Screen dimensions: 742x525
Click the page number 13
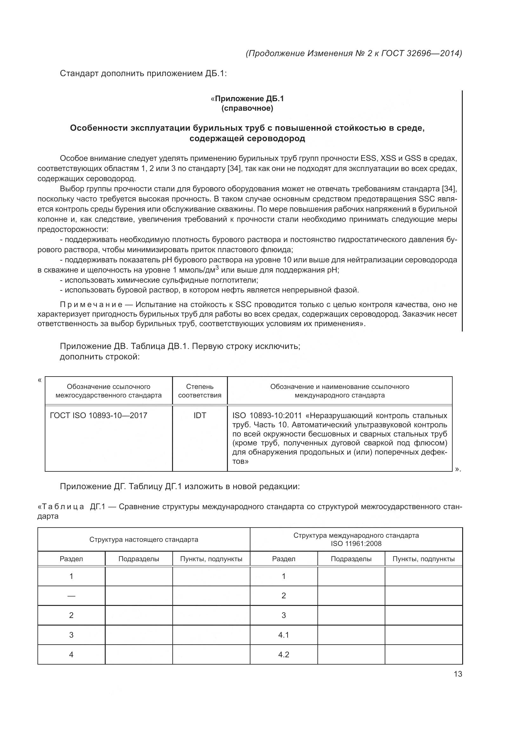point(458,674)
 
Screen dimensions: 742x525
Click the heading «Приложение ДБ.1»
point(247,99)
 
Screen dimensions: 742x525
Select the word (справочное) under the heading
point(247,108)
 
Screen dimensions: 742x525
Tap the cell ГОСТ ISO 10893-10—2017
point(99,416)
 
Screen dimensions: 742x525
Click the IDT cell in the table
point(200,416)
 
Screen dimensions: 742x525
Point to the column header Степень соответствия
point(200,391)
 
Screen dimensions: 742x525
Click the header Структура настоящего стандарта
point(143,539)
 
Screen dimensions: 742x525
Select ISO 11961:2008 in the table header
point(356,544)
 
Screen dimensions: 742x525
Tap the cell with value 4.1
point(283,635)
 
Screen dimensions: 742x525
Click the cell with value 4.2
point(283,654)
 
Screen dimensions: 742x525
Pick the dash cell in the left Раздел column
point(71,596)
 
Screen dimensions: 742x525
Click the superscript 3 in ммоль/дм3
point(217,267)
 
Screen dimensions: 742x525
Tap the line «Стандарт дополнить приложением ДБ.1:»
point(143,74)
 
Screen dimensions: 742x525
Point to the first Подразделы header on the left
point(139,559)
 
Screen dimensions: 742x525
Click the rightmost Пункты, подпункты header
point(423,559)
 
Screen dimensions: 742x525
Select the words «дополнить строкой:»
point(100,357)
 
